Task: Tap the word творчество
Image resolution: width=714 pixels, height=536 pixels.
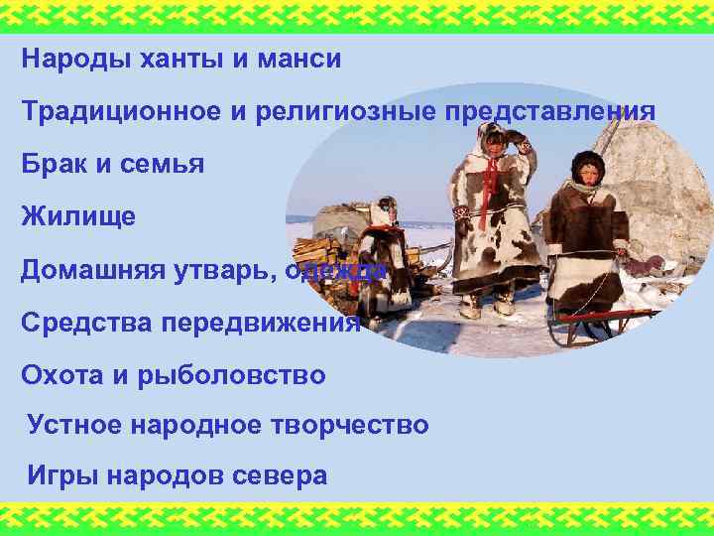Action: point(347,425)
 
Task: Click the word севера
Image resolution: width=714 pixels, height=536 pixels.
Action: point(279,475)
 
